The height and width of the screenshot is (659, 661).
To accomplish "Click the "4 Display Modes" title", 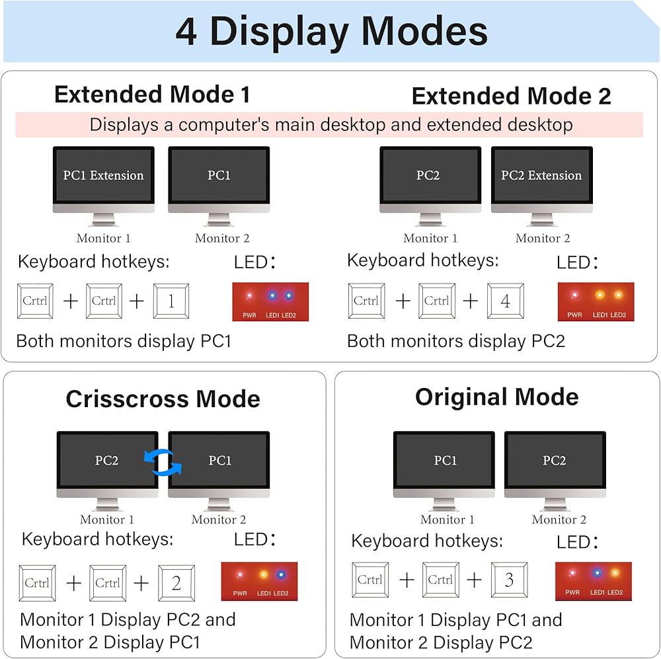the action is point(330,31).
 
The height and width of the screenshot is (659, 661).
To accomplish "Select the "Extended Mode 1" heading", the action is point(152,95).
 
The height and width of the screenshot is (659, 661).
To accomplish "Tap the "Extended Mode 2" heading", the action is point(511,97).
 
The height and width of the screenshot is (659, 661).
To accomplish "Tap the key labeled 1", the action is point(171,301).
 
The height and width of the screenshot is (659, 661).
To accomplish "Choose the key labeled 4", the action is point(506,301).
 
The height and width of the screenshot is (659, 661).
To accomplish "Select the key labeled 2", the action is point(176,583).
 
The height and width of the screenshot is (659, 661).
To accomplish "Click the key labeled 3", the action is point(509,580).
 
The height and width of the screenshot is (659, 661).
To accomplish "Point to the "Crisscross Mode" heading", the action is point(163,399).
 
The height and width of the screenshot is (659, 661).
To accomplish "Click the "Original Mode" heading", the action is point(496,397).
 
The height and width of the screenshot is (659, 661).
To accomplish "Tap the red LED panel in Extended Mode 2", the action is point(596,302).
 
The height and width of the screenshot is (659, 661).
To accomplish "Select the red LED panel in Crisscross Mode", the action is point(259,581).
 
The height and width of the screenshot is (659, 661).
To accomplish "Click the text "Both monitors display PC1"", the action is point(124,342).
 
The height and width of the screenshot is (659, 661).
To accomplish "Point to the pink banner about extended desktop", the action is point(329,124).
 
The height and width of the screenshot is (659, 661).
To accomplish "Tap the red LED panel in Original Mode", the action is point(593,581).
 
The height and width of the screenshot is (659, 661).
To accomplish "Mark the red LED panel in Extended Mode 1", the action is point(270,302).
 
